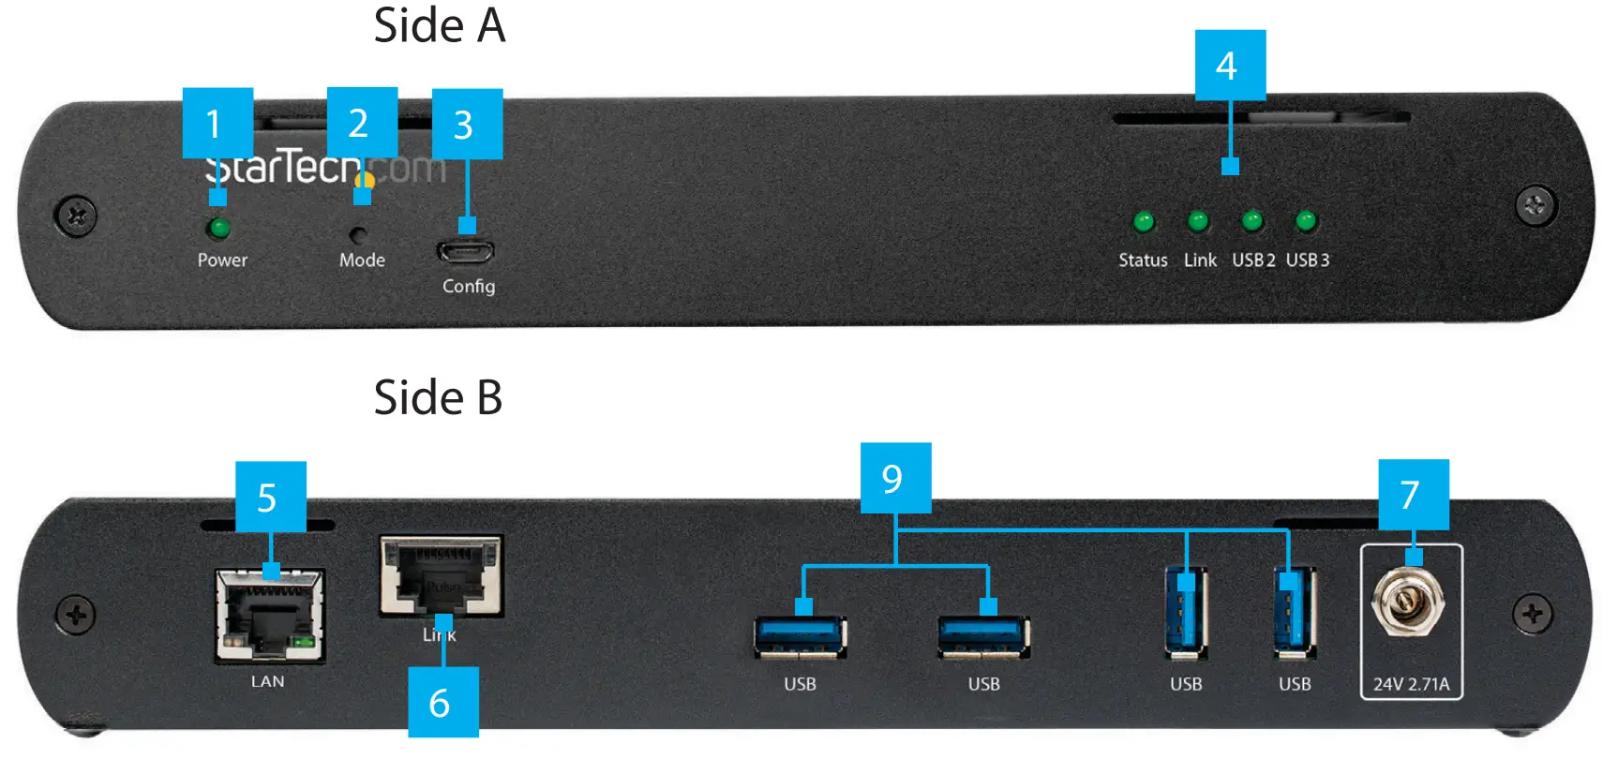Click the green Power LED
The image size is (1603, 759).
(218, 228)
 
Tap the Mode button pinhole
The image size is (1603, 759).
(357, 234)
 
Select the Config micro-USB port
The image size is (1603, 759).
(465, 251)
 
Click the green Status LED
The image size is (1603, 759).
(1143, 222)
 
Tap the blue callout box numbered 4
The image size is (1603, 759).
(1230, 65)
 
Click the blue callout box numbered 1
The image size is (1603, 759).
(217, 123)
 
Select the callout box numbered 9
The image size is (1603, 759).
(895, 478)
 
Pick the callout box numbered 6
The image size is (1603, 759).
(442, 702)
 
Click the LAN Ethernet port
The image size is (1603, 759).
(270, 616)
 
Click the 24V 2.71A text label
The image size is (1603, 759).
(1411, 684)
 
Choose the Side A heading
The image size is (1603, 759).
(439, 25)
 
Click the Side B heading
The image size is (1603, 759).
(438, 397)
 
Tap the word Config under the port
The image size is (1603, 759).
(469, 286)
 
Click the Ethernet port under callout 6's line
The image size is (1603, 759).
(441, 574)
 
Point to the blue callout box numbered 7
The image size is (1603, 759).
(1413, 494)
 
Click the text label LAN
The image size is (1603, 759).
(267, 681)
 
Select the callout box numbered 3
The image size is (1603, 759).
(467, 124)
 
